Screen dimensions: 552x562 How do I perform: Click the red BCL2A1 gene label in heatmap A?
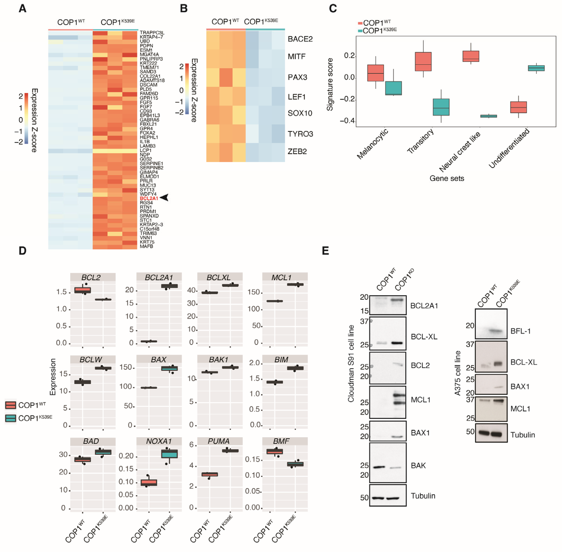(149, 198)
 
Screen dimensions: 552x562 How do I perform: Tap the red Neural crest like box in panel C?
(471, 56)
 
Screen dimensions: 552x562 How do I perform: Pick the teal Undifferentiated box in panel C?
(536, 68)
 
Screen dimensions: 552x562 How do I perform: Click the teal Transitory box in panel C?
(441, 107)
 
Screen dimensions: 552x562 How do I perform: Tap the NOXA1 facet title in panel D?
(159, 441)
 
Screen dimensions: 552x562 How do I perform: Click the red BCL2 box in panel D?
(83, 290)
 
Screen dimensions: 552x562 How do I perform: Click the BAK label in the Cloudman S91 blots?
(418, 465)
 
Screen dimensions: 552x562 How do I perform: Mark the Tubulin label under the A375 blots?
(523, 435)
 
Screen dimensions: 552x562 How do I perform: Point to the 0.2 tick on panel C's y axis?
(349, 56)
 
